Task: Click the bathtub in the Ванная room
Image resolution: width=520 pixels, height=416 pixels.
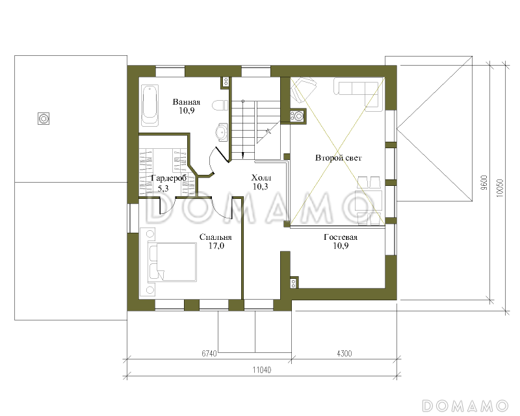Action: click(x=150, y=105)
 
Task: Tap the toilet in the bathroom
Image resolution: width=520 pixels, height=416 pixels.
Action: click(x=220, y=105)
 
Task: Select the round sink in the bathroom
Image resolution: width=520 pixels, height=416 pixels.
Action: click(x=222, y=133)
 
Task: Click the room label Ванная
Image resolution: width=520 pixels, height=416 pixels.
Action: click(x=187, y=102)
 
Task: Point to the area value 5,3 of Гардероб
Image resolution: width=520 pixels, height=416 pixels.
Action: click(x=163, y=188)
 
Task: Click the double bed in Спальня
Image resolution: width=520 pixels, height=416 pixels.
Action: click(x=172, y=262)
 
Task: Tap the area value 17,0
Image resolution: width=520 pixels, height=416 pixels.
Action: click(x=216, y=246)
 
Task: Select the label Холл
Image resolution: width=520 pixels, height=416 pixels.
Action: click(x=261, y=177)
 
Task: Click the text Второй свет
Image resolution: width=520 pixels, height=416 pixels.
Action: click(x=338, y=158)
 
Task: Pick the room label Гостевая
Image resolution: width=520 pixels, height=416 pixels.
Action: click(x=341, y=237)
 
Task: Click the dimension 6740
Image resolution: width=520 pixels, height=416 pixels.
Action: click(x=209, y=354)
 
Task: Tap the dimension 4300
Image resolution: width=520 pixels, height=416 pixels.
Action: click(x=344, y=354)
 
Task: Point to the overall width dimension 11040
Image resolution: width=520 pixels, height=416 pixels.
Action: click(x=262, y=370)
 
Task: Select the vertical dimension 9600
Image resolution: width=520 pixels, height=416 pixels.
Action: click(x=484, y=183)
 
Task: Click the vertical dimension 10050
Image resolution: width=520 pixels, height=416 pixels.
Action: click(x=500, y=188)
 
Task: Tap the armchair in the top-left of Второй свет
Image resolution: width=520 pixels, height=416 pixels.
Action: click(x=303, y=89)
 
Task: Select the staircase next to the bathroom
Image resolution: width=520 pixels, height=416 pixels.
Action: click(x=255, y=130)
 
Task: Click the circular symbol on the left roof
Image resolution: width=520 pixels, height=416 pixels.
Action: click(x=44, y=118)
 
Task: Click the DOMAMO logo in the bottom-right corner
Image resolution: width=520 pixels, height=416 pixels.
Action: click(x=465, y=406)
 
